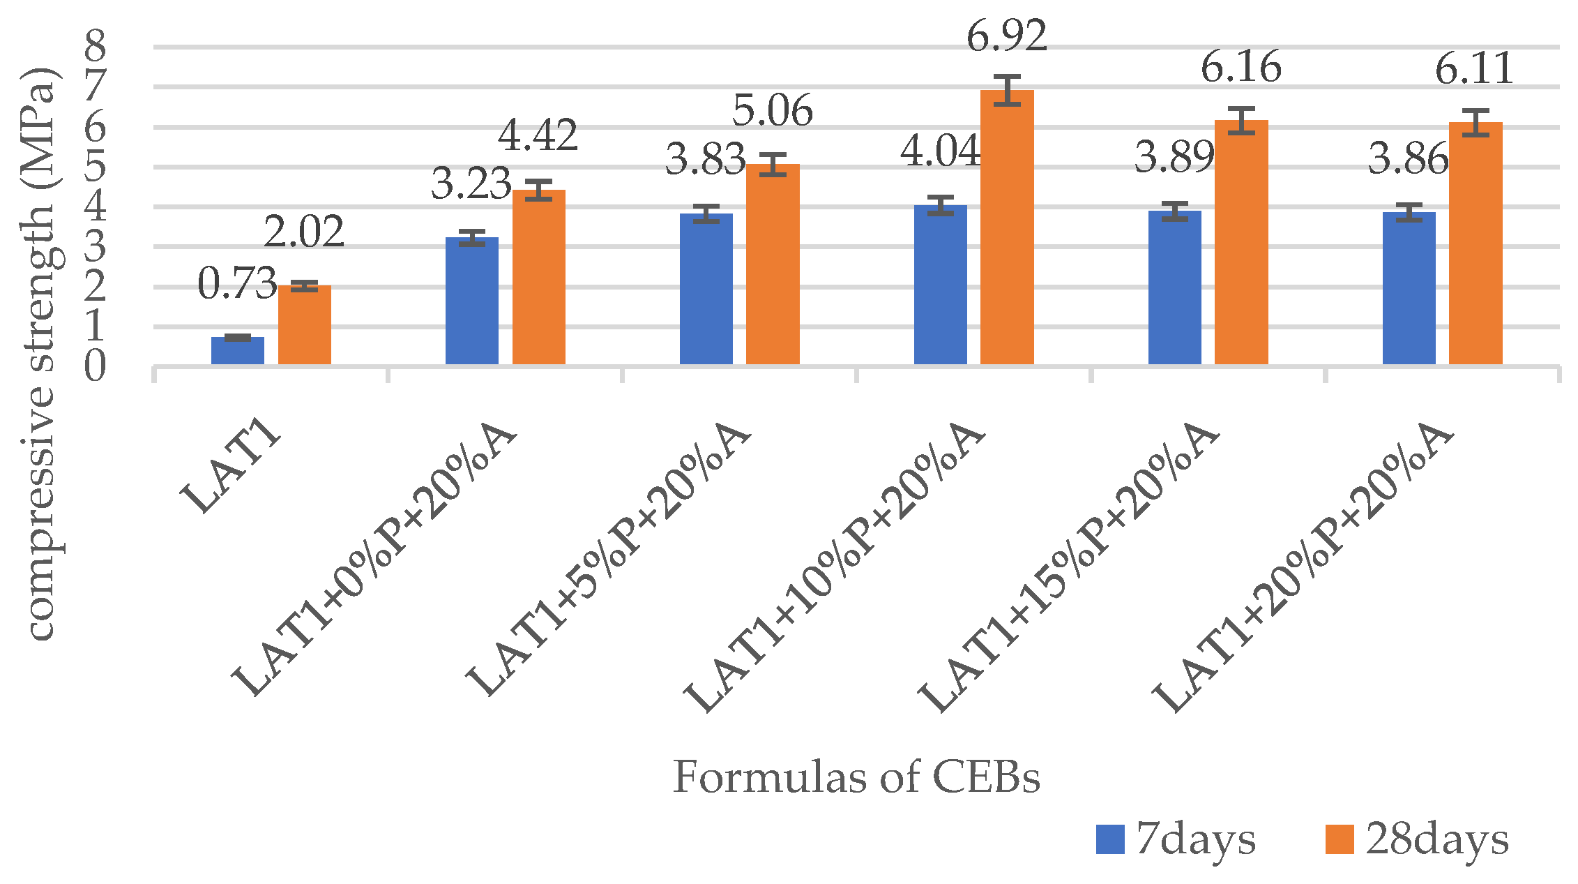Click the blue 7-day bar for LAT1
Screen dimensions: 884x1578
click(x=238, y=350)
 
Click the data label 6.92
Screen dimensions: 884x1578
click(x=1006, y=36)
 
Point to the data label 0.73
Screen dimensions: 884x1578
click(x=237, y=283)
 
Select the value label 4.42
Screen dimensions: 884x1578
click(x=538, y=135)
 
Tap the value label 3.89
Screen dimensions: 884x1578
click(x=1174, y=157)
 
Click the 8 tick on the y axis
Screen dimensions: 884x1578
click(x=96, y=47)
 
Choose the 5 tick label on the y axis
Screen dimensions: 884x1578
click(x=96, y=167)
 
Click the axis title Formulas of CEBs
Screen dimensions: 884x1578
click(x=856, y=777)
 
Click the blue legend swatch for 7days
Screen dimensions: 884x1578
click(x=1110, y=839)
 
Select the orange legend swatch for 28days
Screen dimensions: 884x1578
click(x=1340, y=839)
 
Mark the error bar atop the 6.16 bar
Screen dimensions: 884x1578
click(x=1241, y=120)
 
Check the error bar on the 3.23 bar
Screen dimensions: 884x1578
click(x=472, y=238)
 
